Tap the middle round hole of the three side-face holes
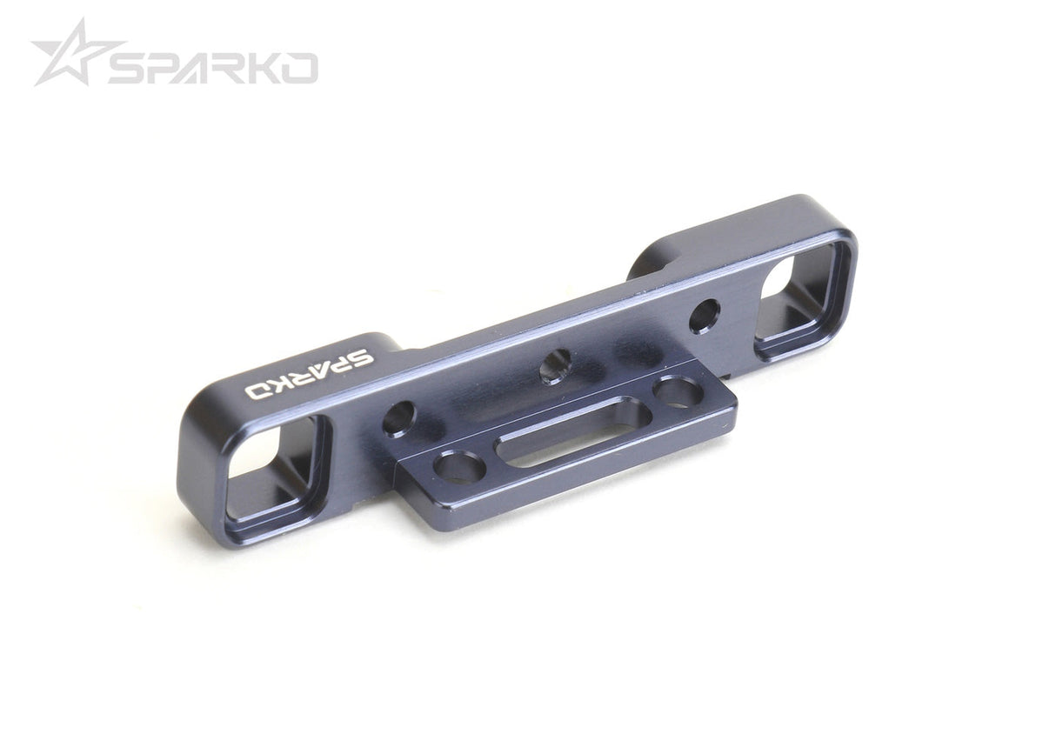pyautogui.click(x=554, y=365)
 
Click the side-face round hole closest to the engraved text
pyautogui.click(x=398, y=418)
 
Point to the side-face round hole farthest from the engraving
pyautogui.click(x=705, y=316)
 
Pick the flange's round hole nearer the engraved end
pyautogui.click(x=459, y=468)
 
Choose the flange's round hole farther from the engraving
pyautogui.click(x=678, y=391)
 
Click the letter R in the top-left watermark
pyautogui.click(x=229, y=68)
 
